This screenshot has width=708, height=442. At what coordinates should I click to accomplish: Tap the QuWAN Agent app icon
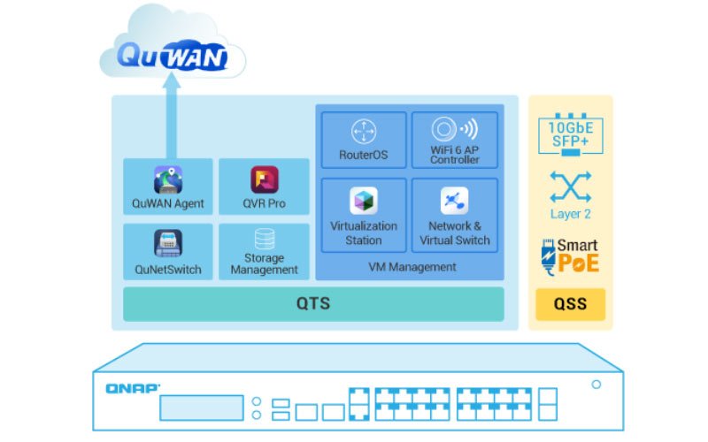tap(168, 179)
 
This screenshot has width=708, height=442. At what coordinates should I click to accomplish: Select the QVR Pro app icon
tap(264, 179)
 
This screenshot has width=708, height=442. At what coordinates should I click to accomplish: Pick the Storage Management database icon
tap(264, 240)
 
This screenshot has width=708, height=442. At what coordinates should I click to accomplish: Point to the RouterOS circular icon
tap(363, 133)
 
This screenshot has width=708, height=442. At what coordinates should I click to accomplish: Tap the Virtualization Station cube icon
tap(363, 201)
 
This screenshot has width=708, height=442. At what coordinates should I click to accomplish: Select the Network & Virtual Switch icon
tap(455, 201)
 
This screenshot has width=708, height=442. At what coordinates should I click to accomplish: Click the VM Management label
tap(412, 266)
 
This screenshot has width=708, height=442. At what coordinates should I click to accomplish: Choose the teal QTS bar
tap(313, 304)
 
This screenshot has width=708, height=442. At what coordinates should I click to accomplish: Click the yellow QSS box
tap(570, 304)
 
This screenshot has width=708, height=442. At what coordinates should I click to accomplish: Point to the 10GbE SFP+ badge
tap(570, 133)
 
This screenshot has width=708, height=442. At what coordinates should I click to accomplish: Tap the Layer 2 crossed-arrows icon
tap(570, 187)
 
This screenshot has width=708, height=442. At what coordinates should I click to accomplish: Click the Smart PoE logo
tap(570, 255)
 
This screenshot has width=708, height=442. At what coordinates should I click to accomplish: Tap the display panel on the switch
tap(201, 408)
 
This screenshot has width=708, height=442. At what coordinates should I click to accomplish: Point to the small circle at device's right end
tap(596, 385)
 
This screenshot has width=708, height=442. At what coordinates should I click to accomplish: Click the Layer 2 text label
tap(570, 214)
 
